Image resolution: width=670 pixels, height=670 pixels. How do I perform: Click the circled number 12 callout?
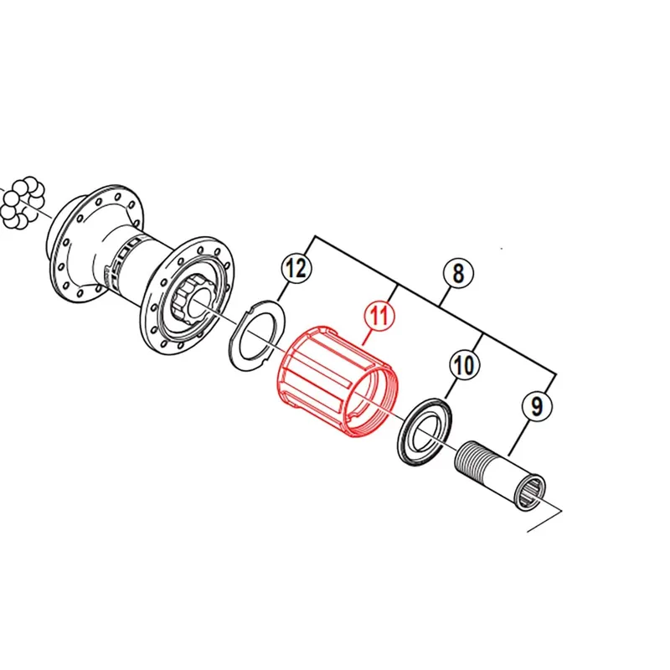(x=296, y=268)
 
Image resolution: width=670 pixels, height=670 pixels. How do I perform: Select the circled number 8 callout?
(x=458, y=273)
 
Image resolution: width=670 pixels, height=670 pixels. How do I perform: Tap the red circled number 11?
(x=380, y=317)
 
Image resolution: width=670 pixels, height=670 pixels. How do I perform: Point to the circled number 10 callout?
(x=464, y=364)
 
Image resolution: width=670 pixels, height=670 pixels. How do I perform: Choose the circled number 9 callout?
(x=537, y=405)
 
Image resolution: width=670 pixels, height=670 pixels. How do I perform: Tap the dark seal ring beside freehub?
(x=425, y=430)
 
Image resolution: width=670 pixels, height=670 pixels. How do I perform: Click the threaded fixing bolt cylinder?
(x=499, y=474)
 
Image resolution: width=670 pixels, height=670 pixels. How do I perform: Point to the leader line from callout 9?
(x=518, y=437)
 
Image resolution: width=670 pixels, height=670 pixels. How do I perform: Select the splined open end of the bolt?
(x=532, y=492)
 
